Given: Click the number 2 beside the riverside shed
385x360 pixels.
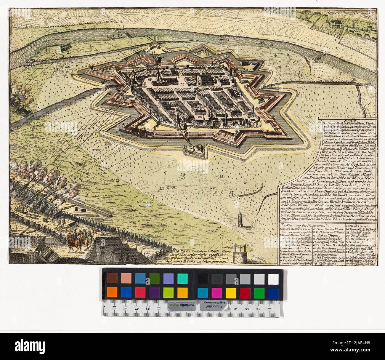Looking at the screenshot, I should click(x=68, y=52).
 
